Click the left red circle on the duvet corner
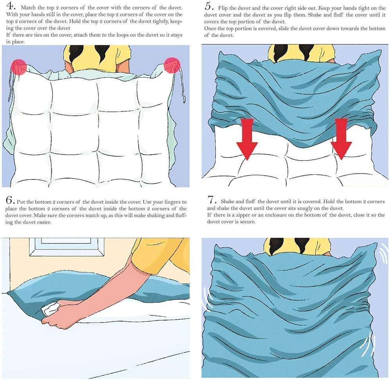[x=19, y=67]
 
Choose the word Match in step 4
[x=28, y=8]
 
